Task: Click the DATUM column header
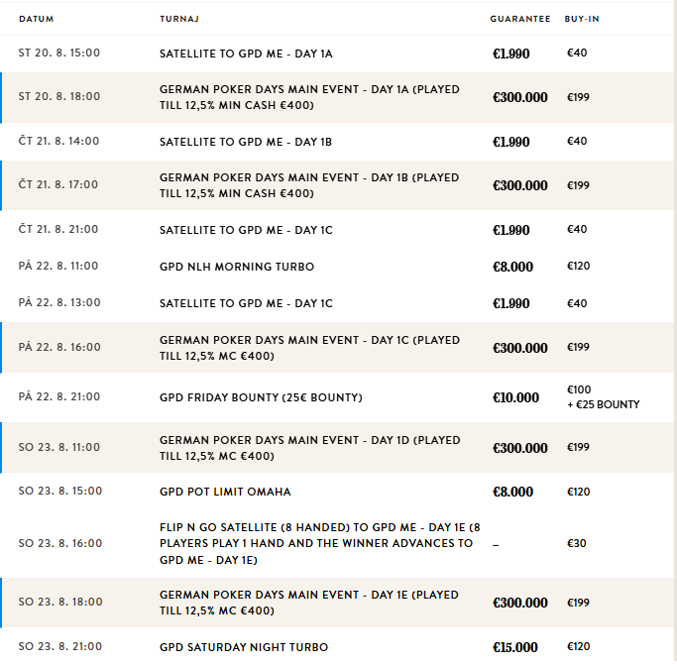click(x=36, y=19)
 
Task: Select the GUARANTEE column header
click(x=519, y=19)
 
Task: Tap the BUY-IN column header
click(x=582, y=19)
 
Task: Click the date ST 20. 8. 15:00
click(x=59, y=53)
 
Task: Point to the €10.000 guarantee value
click(x=515, y=397)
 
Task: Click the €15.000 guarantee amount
click(x=515, y=647)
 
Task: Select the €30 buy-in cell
click(x=577, y=544)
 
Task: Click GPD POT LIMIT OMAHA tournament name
click(x=225, y=492)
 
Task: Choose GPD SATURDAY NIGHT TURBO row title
click(x=244, y=647)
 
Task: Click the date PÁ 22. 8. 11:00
click(x=59, y=268)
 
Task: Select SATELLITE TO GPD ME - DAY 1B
click(x=246, y=142)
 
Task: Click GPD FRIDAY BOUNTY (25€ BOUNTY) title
click(x=261, y=397)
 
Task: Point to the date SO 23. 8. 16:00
click(x=59, y=544)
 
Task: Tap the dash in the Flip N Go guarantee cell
click(x=496, y=544)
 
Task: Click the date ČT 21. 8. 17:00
click(x=59, y=185)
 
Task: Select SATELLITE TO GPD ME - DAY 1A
click(x=246, y=53)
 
